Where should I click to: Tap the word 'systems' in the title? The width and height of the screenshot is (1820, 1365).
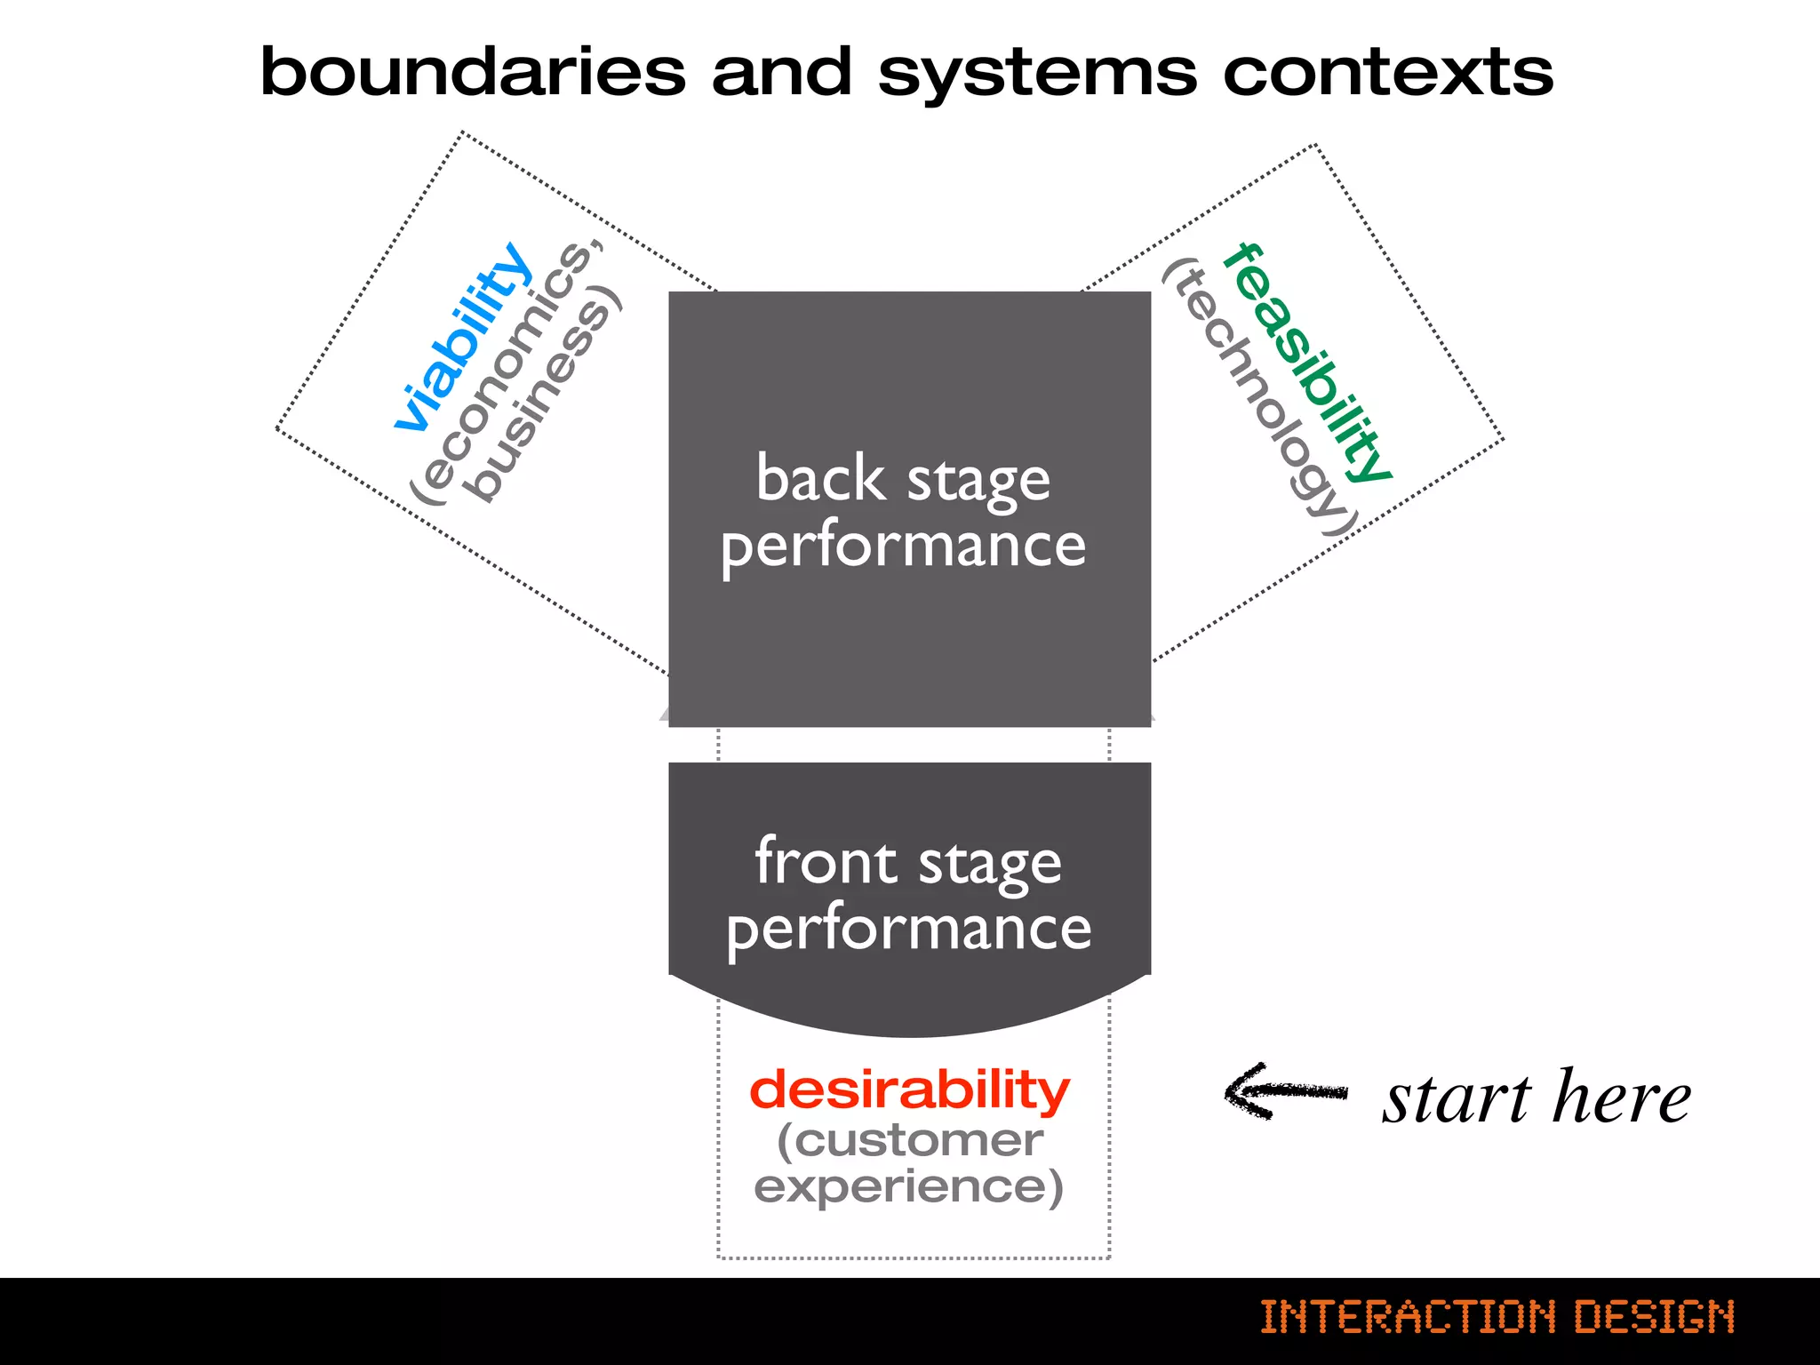pos(1037,75)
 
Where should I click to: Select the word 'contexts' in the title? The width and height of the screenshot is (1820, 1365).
pos(1388,73)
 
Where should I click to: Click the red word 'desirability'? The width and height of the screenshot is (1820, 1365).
pos(909,1090)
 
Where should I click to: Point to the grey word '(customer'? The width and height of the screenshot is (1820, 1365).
pos(909,1140)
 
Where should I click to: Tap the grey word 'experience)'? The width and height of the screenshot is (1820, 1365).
pos(908,1186)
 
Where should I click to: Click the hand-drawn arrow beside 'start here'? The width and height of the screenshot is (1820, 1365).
pos(1285,1092)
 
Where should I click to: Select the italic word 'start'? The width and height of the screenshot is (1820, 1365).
pos(1456,1098)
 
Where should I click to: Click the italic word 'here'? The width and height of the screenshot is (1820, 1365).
pos(1622,1097)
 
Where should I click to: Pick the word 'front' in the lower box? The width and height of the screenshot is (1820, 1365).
pos(825,861)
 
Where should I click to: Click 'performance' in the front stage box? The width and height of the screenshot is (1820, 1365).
pos(908,929)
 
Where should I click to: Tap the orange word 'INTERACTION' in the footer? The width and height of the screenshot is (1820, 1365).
pos(1408,1316)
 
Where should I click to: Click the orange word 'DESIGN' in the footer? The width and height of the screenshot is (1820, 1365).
pos(1654,1316)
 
